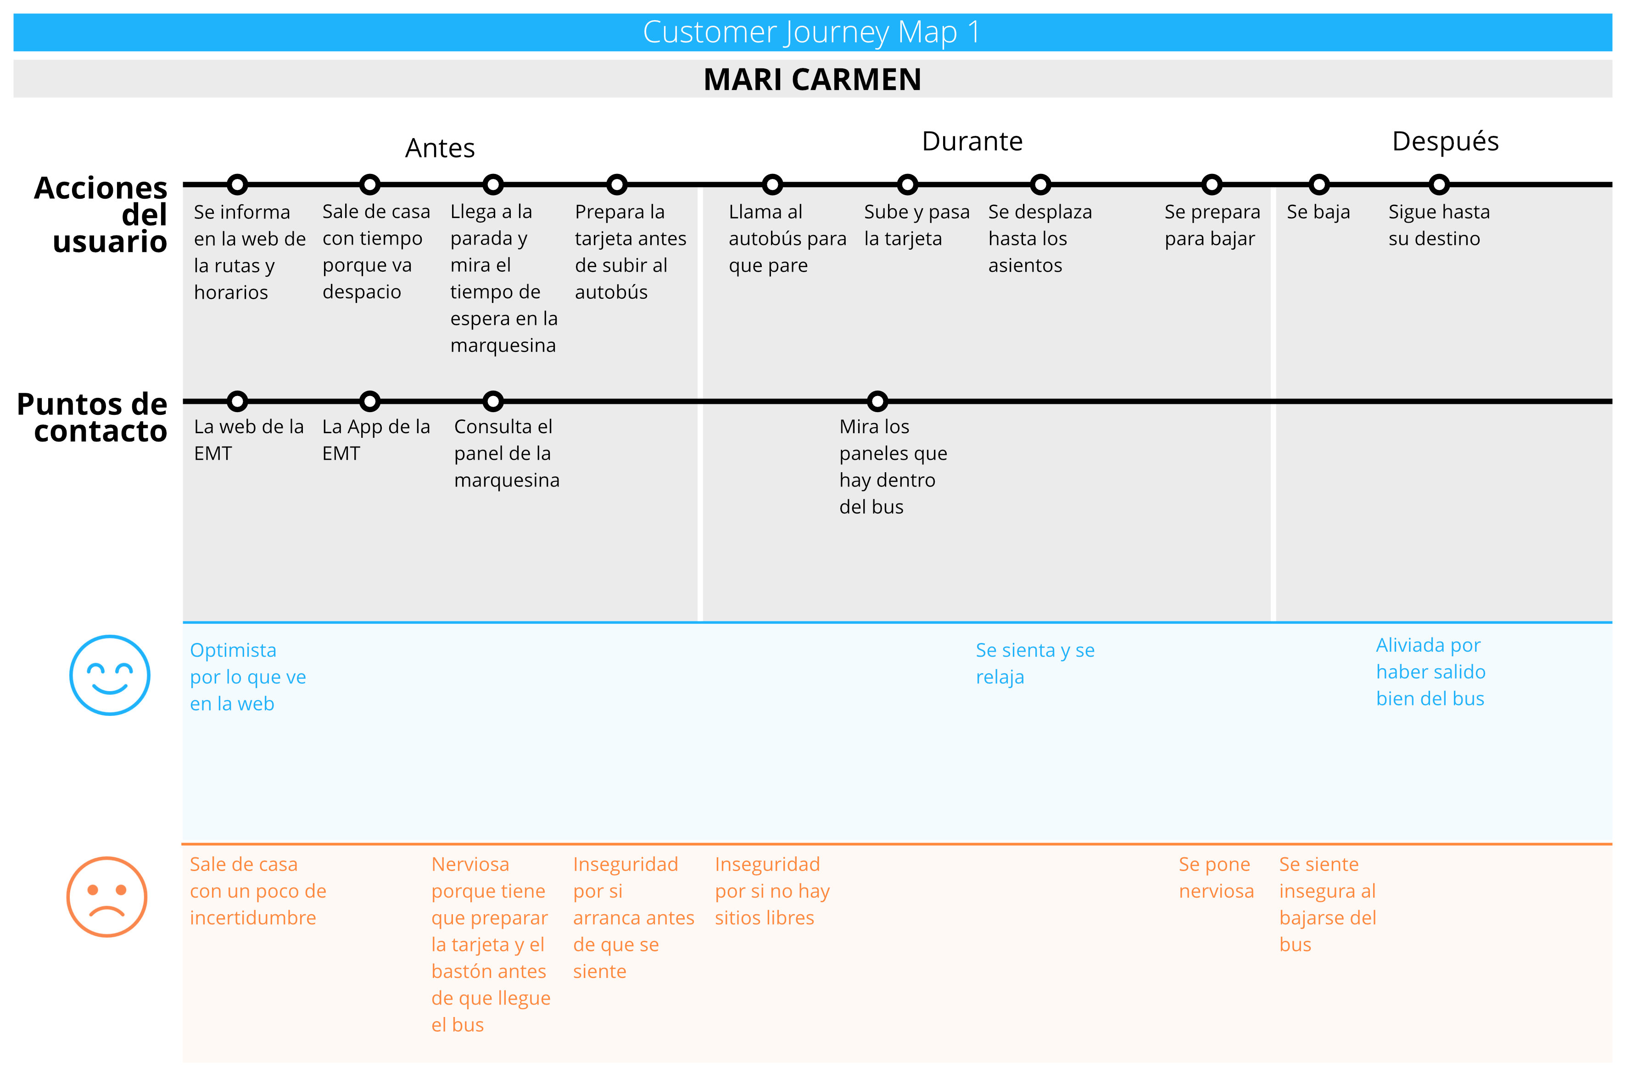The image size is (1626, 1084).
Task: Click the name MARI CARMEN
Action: [x=812, y=79]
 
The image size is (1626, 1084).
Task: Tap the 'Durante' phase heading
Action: [x=972, y=141]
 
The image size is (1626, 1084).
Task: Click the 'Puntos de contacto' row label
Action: [x=92, y=418]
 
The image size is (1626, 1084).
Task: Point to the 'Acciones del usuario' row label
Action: [x=101, y=214]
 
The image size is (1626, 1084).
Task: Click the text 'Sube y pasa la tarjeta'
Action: [x=916, y=225]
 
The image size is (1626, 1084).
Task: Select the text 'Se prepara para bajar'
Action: [x=1212, y=225]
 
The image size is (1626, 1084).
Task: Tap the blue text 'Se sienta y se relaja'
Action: [x=1035, y=663]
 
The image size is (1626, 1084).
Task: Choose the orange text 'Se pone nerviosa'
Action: [x=1216, y=877]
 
